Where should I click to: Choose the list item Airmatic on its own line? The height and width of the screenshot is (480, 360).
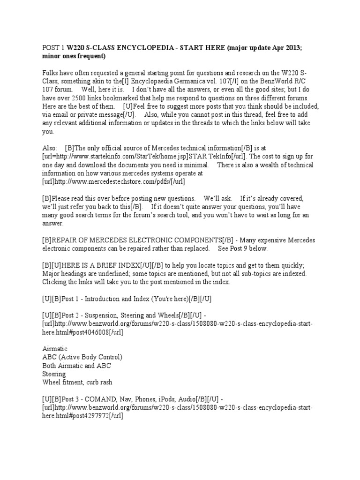(x=55, y=349)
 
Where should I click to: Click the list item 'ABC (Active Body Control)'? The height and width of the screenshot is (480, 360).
(x=82, y=358)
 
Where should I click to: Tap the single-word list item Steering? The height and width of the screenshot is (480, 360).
(x=54, y=375)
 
